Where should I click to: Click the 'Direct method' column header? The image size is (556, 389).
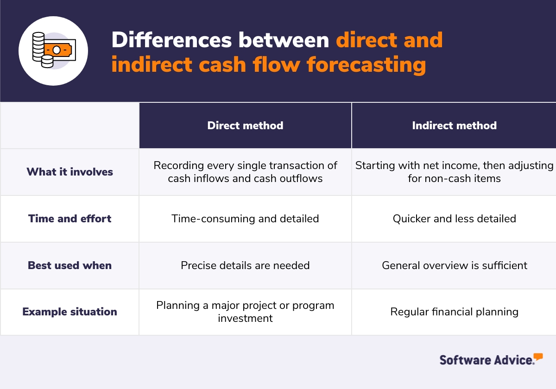pos(245,125)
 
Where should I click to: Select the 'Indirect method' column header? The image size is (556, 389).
pos(454,125)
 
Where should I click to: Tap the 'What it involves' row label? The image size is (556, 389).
pos(70,172)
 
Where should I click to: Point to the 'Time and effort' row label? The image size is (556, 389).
pos(70,219)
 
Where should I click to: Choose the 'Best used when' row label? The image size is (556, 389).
pos(70,265)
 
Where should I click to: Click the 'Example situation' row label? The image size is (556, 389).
pos(70,312)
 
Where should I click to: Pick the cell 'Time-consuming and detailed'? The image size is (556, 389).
pos(245,219)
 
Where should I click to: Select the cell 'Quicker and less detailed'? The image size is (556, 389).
pos(454,219)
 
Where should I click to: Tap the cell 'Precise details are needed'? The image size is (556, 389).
pos(245,265)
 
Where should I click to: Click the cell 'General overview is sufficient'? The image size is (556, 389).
pos(454,265)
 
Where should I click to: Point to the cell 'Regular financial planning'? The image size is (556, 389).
pos(454,312)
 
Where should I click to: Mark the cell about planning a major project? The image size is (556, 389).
pos(245,312)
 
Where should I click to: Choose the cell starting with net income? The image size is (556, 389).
pos(454,172)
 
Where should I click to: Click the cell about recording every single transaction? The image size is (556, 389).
pos(245,172)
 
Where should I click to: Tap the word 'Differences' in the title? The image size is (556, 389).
pos(171,40)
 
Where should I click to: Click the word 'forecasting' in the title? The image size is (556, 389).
pos(366,64)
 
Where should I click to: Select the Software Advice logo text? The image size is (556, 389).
pos(487,360)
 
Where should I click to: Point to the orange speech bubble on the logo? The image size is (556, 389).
pos(538,357)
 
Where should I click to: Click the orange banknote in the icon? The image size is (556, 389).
pos(58,50)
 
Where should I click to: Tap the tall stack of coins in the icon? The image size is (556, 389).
pos(38,47)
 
